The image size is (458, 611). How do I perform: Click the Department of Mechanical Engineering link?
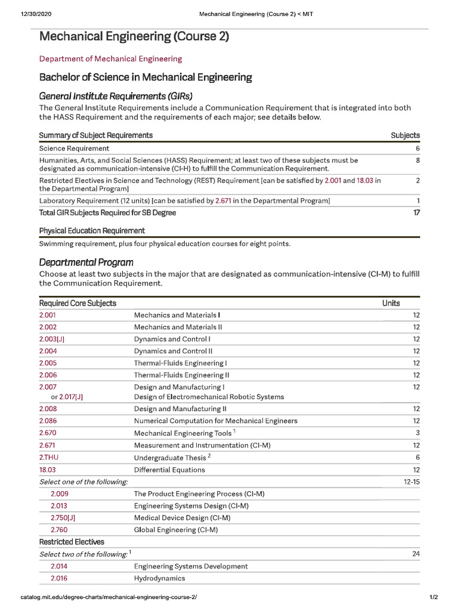click(x=110, y=58)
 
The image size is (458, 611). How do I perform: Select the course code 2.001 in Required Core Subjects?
click(x=48, y=315)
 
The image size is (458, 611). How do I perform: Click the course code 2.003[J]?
click(x=52, y=339)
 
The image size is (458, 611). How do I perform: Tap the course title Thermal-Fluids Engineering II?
click(x=181, y=375)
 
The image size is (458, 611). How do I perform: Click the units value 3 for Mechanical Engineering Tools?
click(x=417, y=433)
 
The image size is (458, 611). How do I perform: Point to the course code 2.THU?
click(x=49, y=457)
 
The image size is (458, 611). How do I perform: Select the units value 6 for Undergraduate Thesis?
click(x=417, y=457)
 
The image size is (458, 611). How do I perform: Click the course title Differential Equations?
click(x=169, y=470)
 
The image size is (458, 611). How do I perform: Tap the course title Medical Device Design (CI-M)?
click(x=182, y=518)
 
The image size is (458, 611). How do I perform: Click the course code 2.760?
click(x=59, y=530)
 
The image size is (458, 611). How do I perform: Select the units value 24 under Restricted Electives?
click(x=416, y=554)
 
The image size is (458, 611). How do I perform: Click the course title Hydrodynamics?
click(x=159, y=578)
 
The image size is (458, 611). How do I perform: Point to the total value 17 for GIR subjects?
click(x=416, y=212)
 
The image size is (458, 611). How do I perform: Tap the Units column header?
click(x=391, y=303)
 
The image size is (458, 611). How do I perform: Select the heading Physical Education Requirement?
click(x=92, y=230)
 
